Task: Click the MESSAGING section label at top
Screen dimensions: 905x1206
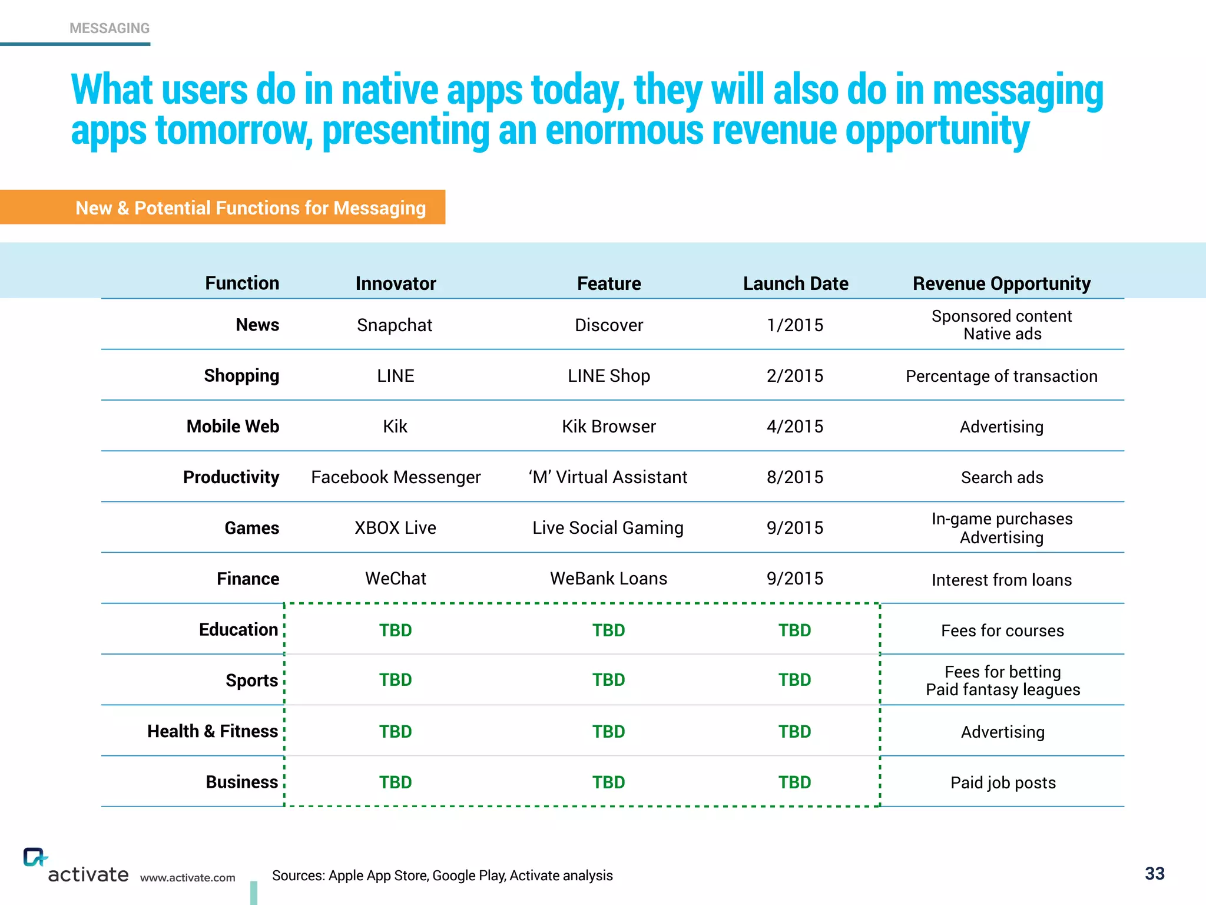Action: coord(110,28)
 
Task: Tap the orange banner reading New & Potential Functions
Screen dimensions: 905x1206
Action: coord(250,208)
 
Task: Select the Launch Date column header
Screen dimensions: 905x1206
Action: coord(795,283)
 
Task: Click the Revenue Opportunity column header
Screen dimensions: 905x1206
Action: coord(1001,283)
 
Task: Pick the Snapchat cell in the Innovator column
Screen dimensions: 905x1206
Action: coord(395,325)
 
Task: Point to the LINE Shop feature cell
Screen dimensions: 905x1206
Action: coord(608,376)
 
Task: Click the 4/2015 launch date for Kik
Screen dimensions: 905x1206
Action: coord(794,427)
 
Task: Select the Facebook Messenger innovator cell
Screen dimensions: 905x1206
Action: coord(396,477)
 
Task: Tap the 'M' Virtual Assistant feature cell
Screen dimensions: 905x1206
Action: coord(608,477)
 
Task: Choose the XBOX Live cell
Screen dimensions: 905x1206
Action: coord(395,528)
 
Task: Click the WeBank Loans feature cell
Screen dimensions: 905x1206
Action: coord(608,579)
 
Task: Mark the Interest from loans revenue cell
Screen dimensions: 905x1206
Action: coord(1001,580)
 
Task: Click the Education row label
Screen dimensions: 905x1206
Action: coord(238,630)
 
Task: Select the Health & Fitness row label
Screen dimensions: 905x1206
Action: coord(212,731)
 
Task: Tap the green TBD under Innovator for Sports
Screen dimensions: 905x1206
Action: coord(395,680)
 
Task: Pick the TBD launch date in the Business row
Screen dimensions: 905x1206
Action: coord(794,782)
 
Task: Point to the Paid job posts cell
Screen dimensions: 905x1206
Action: coord(1002,782)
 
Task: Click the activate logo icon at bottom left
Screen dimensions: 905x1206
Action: coord(35,857)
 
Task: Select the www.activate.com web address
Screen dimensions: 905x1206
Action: coord(187,878)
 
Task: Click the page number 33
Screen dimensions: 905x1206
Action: coord(1154,873)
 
